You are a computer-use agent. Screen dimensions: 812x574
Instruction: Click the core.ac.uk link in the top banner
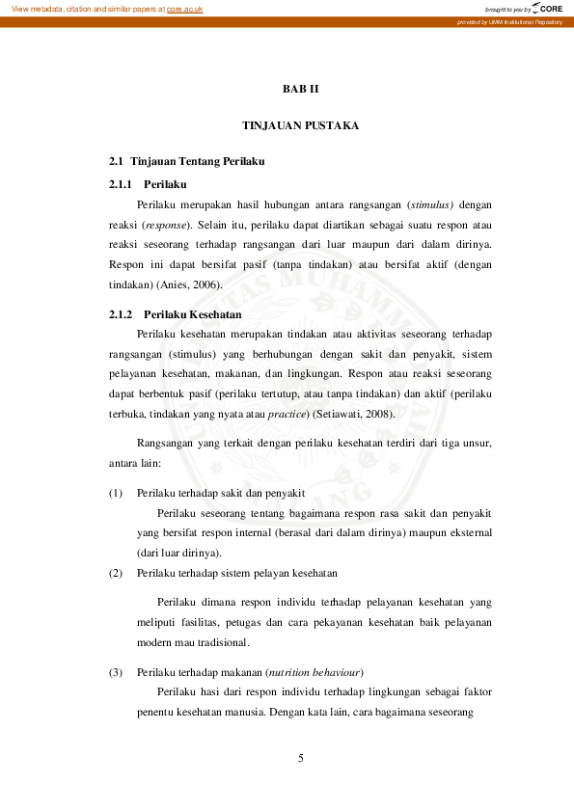coord(184,9)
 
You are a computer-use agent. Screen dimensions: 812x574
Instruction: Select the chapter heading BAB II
coord(300,89)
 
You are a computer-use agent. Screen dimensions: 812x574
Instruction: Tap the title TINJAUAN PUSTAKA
coord(300,125)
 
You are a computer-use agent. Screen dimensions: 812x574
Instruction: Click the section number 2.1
coord(117,160)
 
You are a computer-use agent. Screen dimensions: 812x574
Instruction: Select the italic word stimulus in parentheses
coord(430,204)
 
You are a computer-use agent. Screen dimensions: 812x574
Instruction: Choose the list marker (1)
coord(116,493)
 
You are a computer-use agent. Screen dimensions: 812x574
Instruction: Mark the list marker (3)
coord(116,672)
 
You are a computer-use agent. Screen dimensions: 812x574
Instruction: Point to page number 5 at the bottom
coord(301,758)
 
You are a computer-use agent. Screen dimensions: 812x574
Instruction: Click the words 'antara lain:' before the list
coord(134,463)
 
